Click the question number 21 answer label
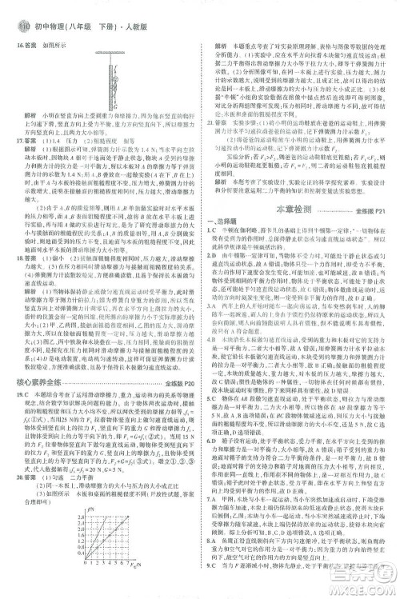click(x=212, y=147)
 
